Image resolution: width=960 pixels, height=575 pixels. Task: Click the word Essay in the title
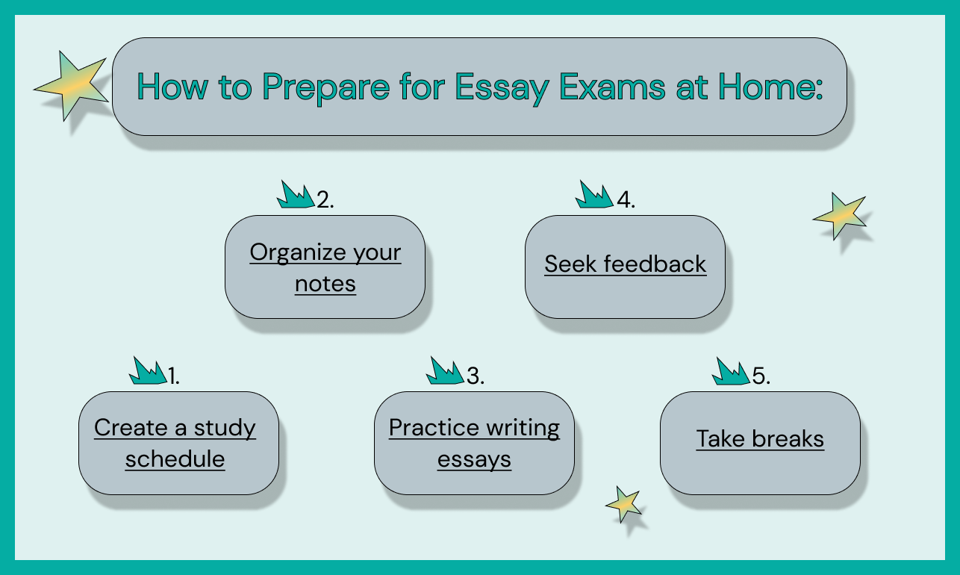tap(502, 88)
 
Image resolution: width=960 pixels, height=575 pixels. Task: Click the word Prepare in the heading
tap(325, 89)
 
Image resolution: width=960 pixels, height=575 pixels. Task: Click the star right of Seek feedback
tap(839, 216)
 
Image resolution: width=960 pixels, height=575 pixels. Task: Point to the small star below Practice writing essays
tap(623, 504)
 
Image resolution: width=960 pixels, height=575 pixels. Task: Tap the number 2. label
tap(325, 200)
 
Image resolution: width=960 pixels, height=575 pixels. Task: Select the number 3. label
tap(476, 376)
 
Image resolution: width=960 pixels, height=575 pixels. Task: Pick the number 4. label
tap(626, 200)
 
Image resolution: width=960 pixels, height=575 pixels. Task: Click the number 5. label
tap(761, 376)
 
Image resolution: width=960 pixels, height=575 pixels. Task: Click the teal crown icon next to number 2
tap(296, 194)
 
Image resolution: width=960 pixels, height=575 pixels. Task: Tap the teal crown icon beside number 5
tap(731, 371)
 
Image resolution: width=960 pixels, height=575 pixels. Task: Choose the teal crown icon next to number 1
tap(148, 370)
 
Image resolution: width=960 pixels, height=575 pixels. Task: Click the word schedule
tap(175, 459)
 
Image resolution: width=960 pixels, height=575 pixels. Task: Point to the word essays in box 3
tap(474, 460)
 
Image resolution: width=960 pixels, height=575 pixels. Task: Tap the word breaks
tap(788, 438)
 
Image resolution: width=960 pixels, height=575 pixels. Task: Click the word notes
tap(325, 284)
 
